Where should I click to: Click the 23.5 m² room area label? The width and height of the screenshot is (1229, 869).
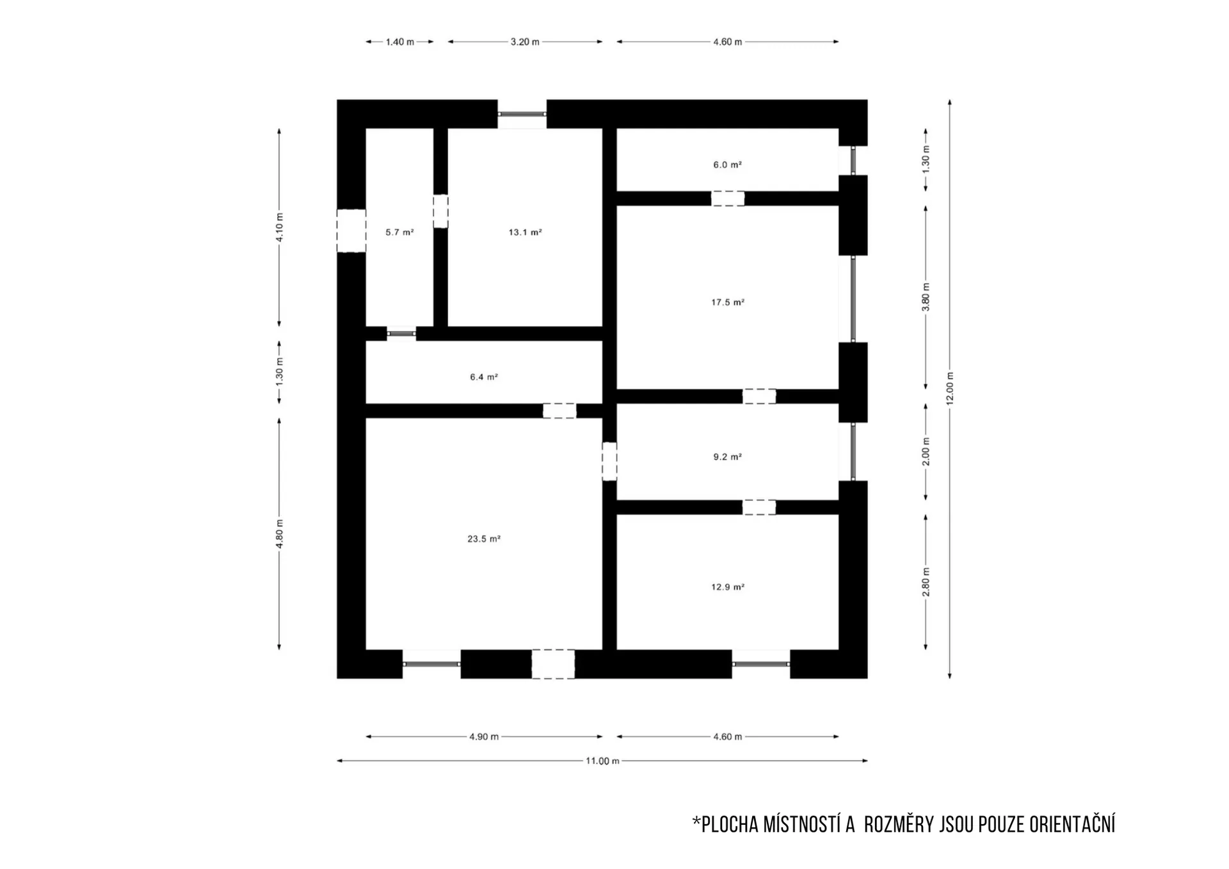tap(484, 539)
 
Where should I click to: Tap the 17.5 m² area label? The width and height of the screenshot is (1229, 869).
tap(728, 302)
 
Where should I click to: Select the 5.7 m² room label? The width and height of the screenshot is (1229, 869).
tap(399, 232)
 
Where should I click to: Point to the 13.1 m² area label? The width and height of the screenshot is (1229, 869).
tap(526, 232)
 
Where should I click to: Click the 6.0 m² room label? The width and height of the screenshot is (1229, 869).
tap(728, 165)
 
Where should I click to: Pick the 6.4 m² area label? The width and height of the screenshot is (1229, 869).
tap(484, 377)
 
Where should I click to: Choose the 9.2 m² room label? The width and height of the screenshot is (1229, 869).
tap(728, 457)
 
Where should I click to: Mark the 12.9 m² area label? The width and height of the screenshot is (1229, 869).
tap(728, 587)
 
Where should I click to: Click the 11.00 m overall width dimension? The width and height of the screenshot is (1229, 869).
tap(602, 761)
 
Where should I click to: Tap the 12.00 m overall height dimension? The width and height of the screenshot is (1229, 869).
tap(950, 389)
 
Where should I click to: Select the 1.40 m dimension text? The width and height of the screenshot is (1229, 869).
tap(399, 42)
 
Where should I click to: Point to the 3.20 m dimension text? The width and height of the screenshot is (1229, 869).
tap(525, 42)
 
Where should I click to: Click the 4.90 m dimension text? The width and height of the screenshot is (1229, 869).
tap(484, 736)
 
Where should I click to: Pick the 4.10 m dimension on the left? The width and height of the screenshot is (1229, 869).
tap(279, 227)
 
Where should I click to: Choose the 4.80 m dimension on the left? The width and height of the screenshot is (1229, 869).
tap(279, 534)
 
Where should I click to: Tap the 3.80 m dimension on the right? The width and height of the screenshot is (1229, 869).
tap(926, 298)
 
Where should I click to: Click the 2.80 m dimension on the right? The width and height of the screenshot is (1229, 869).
tap(926, 582)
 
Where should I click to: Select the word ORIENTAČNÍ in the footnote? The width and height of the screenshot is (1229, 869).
tap(1072, 825)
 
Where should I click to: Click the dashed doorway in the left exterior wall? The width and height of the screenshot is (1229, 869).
tap(351, 231)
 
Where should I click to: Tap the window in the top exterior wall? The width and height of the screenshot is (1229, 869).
tap(522, 114)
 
